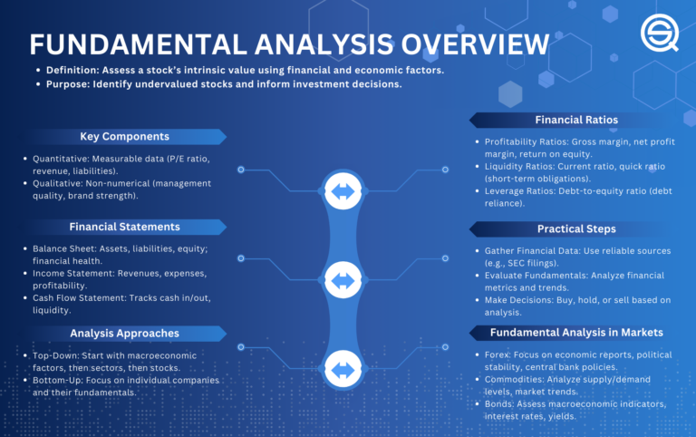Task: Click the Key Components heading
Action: click(123, 136)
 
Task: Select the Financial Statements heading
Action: click(124, 227)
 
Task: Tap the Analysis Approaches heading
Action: click(124, 333)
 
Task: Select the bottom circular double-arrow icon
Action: click(343, 370)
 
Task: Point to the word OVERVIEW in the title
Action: click(472, 45)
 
